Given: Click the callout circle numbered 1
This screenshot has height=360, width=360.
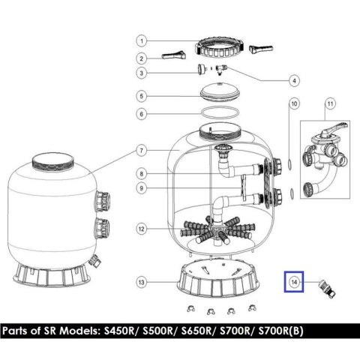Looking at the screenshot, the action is [x=142, y=40].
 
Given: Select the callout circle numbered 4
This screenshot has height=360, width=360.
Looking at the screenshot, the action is [x=294, y=80].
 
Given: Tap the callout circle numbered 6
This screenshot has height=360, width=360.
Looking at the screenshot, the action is [x=142, y=114].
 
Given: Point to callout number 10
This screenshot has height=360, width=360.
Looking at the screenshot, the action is [x=294, y=103].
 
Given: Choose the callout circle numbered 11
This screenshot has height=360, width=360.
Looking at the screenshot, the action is [x=330, y=103].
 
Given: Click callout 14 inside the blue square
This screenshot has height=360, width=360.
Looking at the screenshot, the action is [x=294, y=282].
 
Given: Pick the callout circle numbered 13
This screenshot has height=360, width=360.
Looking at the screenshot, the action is [x=142, y=282].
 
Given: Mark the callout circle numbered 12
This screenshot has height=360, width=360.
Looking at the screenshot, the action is [x=142, y=229].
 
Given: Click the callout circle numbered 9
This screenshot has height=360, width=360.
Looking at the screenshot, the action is [x=142, y=188].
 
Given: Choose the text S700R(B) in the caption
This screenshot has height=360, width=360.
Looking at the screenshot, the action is [x=281, y=331].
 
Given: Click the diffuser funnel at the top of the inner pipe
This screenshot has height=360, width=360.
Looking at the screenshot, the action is [x=220, y=150].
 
